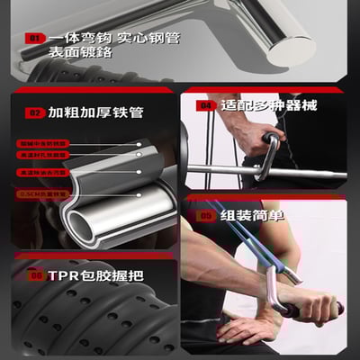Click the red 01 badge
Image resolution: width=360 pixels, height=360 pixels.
(x=34, y=40)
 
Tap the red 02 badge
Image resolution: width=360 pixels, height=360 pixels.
(x=35, y=113)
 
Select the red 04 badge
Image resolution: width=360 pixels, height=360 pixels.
(x=205, y=105)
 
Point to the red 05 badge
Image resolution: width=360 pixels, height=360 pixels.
(x=205, y=216)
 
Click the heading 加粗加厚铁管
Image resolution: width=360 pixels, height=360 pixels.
(x=89, y=113)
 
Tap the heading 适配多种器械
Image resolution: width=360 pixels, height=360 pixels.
(x=261, y=105)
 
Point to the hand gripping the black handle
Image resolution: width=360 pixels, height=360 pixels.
(x=310, y=308)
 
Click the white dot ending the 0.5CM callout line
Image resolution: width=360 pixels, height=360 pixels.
(x=139, y=193)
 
